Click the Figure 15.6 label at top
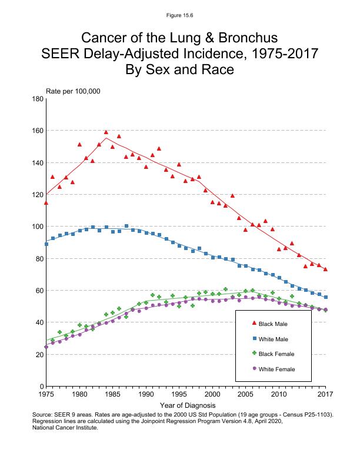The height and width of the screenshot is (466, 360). coord(179,14)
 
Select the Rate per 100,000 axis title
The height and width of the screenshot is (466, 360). coord(73,91)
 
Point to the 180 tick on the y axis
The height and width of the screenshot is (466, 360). coord(36,99)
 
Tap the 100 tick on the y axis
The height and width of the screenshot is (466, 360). coord(36,227)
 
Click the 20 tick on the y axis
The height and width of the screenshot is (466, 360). coord(38,354)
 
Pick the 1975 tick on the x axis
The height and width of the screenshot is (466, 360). coord(46,393)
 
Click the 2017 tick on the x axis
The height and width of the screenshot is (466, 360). coord(325,393)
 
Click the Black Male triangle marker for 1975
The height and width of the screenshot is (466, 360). coord(46,202)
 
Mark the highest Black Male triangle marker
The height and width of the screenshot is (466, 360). coord(106,132)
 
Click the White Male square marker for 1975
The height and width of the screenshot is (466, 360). coord(46,244)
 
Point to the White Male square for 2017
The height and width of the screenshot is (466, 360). coord(326,297)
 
